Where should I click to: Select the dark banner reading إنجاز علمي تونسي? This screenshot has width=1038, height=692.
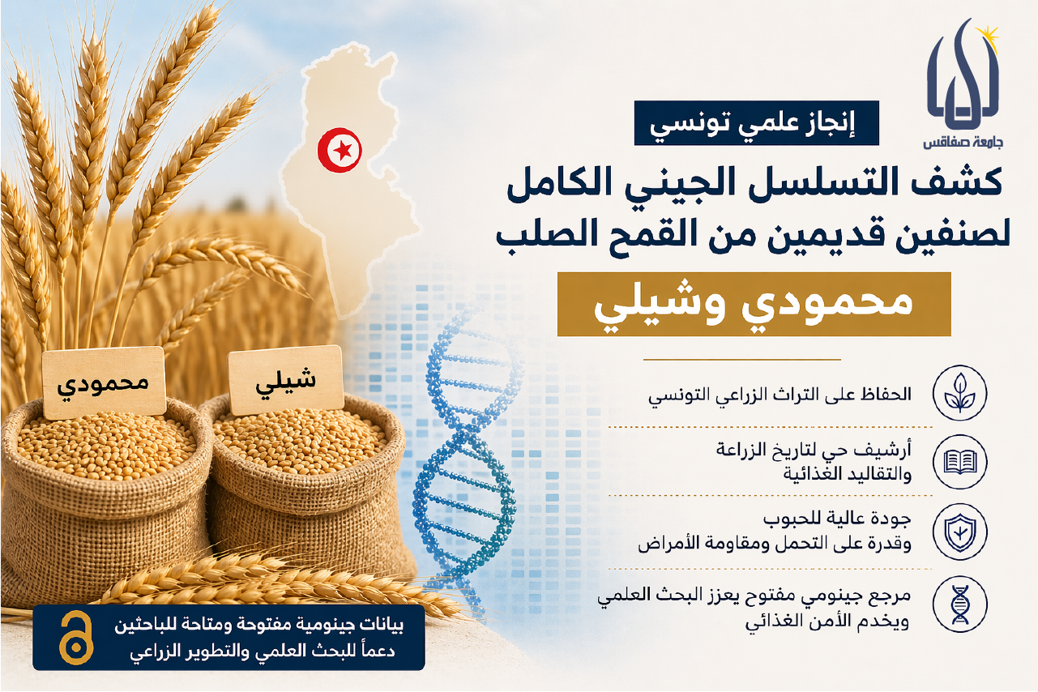tap(756, 123)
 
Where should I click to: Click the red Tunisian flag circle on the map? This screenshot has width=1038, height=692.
tap(340, 150)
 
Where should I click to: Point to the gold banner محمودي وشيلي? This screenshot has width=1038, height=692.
tap(754, 304)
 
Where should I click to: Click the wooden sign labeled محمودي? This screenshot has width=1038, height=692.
tap(104, 382)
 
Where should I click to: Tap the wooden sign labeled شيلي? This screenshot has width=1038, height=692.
tap(285, 380)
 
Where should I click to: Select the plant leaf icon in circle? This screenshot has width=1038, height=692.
tap(959, 392)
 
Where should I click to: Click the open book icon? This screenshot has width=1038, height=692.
tap(959, 462)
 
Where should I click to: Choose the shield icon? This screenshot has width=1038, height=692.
tap(959, 532)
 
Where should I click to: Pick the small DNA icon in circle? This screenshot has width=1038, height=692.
tap(959, 604)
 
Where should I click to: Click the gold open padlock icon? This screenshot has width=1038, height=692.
tap(76, 638)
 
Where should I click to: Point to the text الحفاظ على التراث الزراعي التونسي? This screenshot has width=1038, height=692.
tap(780, 394)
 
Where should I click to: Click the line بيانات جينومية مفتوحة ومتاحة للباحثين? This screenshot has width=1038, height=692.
tap(258, 626)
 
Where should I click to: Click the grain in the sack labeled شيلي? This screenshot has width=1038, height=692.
tap(299, 445)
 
